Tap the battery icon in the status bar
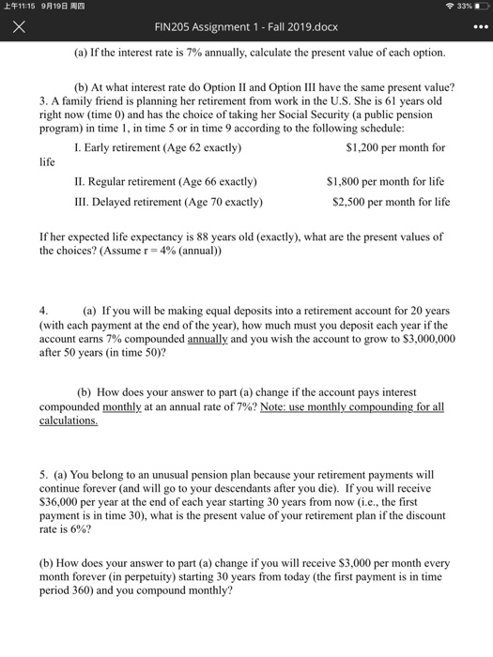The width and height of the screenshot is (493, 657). [x=478, y=7]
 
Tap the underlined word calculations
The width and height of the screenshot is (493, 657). [x=69, y=421]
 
